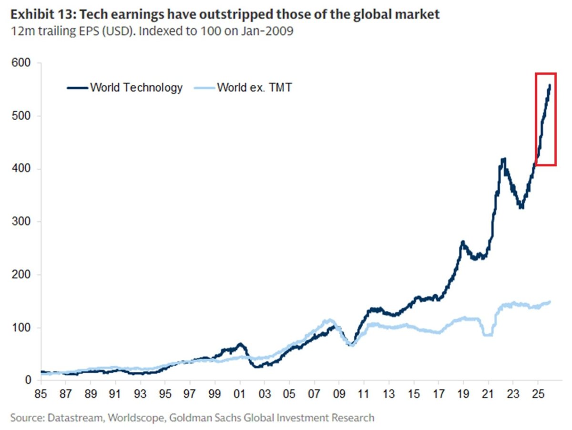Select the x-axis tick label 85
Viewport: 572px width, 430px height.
coord(41,395)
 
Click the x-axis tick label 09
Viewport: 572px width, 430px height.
coord(339,395)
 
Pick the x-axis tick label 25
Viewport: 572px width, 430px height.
coord(538,395)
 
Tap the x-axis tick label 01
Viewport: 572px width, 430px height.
coord(240,395)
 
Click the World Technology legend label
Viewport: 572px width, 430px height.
coord(136,88)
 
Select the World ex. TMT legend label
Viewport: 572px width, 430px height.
coord(254,88)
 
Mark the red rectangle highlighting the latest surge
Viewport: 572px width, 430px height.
coord(546,119)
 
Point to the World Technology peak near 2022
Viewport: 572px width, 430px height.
coord(502,159)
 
